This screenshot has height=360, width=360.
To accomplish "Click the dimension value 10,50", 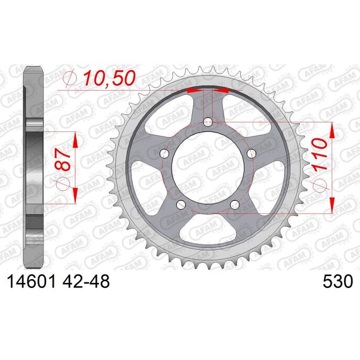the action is [x=109, y=78].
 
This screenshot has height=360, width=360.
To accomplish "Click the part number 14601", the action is [x=32, y=282].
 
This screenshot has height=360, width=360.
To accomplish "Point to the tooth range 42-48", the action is [x=86, y=282].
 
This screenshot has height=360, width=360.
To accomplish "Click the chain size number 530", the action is [x=337, y=282].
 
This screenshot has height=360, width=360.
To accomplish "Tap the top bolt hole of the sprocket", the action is [x=208, y=122].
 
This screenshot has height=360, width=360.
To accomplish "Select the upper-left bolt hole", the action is [x=164, y=153].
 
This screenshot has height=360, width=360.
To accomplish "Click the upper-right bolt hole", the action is [x=251, y=153].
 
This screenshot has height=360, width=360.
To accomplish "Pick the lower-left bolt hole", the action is [x=181, y=205].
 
